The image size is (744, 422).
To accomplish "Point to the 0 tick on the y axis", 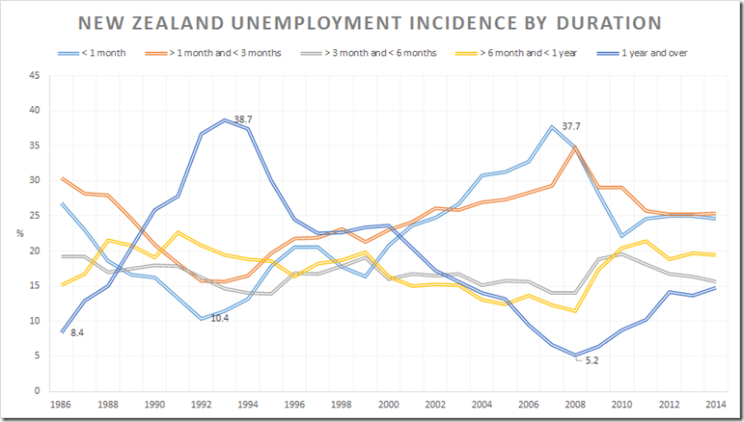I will [36, 390].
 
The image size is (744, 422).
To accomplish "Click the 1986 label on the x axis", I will [61, 405].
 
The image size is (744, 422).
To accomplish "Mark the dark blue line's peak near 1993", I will [224, 120].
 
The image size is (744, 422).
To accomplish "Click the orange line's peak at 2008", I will [574, 146].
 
